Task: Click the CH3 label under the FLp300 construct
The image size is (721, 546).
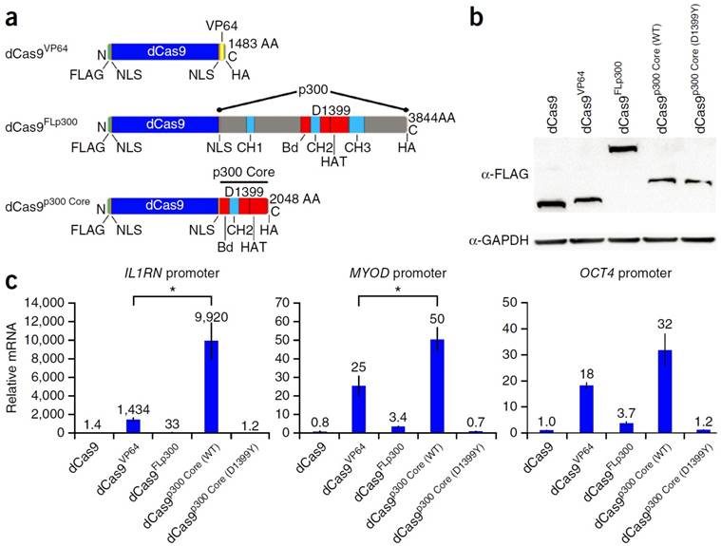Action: point(357,148)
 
